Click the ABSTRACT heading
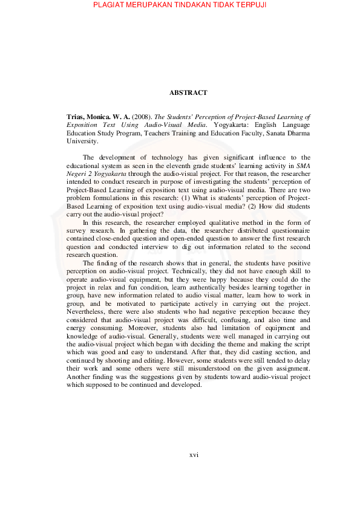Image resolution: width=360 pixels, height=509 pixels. (188, 93)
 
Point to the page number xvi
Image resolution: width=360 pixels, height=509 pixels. (194, 455)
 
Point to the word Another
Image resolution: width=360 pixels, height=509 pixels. (79, 377)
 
